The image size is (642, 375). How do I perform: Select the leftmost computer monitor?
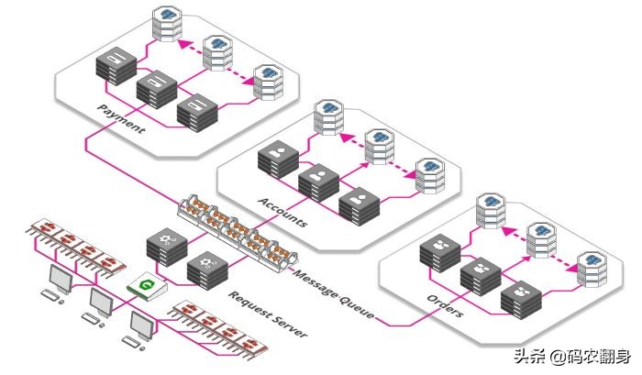point(60,278)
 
